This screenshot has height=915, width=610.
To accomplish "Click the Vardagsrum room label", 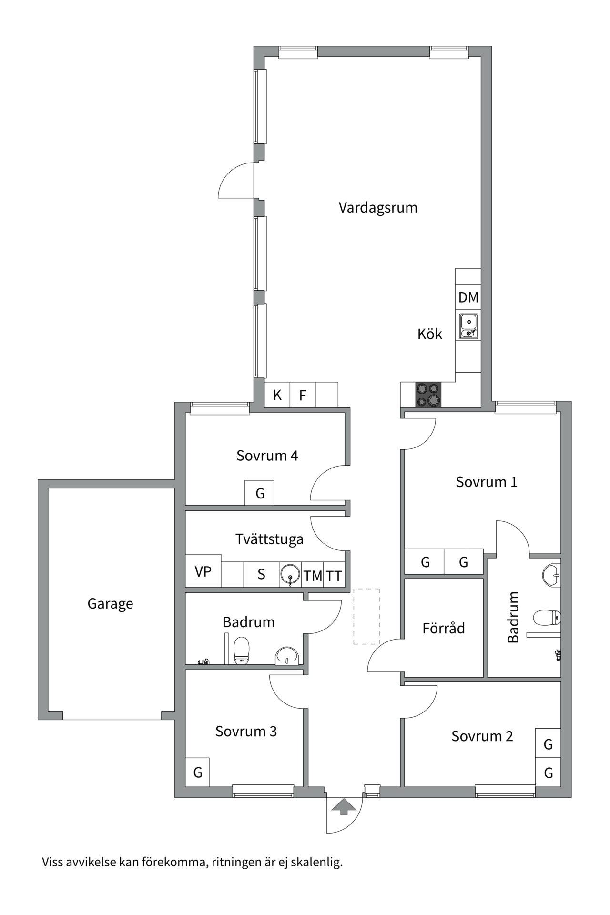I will pyautogui.click(x=378, y=208).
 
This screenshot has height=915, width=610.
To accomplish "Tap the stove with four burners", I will pyautogui.click(x=428, y=395).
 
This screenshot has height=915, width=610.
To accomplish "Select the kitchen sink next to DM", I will pyautogui.click(x=468, y=326).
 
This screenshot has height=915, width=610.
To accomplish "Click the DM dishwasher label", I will pyautogui.click(x=468, y=297).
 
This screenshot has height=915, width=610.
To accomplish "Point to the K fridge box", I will pyautogui.click(x=277, y=395).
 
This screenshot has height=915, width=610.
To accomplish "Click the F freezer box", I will pyautogui.click(x=302, y=395).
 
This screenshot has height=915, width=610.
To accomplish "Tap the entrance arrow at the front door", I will pyautogui.click(x=344, y=807).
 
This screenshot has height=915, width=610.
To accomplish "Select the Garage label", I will pyautogui.click(x=110, y=604).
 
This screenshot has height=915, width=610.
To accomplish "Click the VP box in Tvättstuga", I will pyautogui.click(x=203, y=571).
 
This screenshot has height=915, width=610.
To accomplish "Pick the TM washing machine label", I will pyautogui.click(x=313, y=576).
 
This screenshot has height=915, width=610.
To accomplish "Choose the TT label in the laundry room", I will pyautogui.click(x=334, y=576).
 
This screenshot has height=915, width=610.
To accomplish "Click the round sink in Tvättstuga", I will pyautogui.click(x=290, y=574).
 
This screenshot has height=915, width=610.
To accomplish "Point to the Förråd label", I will pyautogui.click(x=443, y=629).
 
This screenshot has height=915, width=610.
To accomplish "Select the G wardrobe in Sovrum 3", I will pyautogui.click(x=197, y=772).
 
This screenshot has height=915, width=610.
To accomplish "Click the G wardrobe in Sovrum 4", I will pyautogui.click(x=260, y=493).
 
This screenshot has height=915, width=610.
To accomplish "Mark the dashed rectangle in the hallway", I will pyautogui.click(x=366, y=616).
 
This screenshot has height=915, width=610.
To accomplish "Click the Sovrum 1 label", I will pyautogui.click(x=486, y=482).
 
